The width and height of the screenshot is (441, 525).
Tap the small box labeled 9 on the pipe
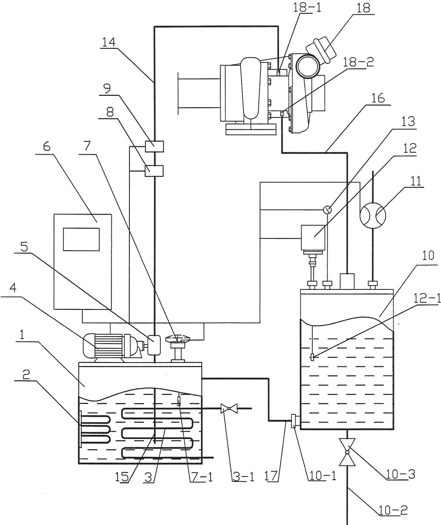(x=154, y=146)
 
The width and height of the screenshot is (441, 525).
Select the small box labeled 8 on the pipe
(x=154, y=171)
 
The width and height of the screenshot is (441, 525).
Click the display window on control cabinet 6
(x=81, y=239)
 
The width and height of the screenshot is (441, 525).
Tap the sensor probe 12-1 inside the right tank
(x=312, y=358)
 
